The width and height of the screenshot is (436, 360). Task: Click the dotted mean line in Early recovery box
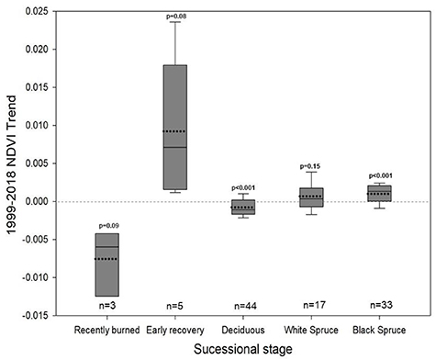coord(174,131)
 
